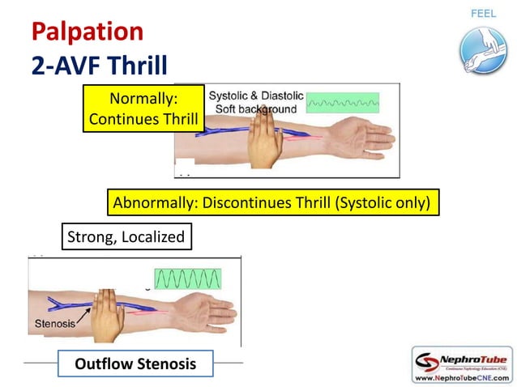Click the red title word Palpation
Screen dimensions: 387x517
coord(87,32)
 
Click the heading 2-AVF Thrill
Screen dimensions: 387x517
coord(99,65)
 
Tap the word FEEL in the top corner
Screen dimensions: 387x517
coord(483,14)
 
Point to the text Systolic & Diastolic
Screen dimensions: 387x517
coord(256,96)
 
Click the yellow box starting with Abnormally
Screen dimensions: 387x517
coord(273,202)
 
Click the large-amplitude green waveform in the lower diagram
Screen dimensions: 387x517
coord(187,279)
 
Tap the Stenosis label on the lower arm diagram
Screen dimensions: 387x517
coord(54,323)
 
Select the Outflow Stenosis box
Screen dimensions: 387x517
coord(135,364)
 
